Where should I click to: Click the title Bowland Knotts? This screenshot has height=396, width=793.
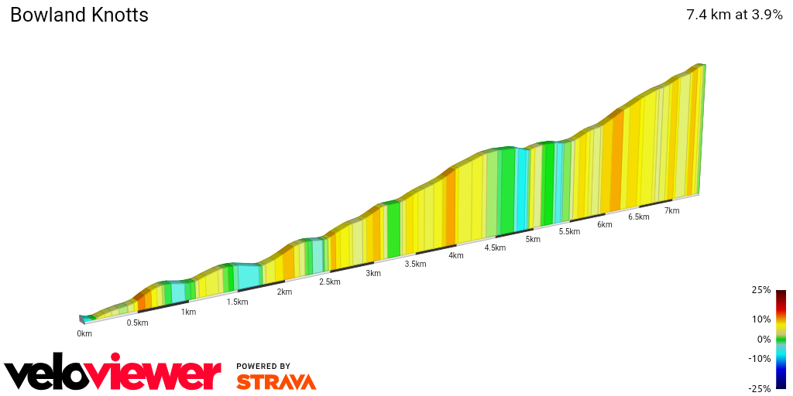79,15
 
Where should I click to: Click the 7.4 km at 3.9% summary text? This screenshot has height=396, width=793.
734,15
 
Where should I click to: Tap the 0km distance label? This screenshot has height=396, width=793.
84,334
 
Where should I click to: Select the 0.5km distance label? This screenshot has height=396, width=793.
137,323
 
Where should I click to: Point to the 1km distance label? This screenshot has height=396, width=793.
188,312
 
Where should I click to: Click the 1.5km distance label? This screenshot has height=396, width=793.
237,302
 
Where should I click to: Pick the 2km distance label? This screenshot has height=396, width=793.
284,292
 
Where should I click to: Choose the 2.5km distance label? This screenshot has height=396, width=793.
329,282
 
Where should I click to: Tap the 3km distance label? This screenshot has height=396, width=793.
373,273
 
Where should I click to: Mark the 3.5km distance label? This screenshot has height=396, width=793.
415,264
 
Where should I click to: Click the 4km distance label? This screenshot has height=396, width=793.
455,255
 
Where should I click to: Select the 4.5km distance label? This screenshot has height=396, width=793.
495,247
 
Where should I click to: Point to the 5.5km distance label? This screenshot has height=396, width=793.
569,232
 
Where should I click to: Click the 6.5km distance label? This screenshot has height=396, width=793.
638,217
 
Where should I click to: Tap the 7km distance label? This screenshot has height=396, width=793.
671,210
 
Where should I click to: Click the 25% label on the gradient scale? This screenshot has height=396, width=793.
761,290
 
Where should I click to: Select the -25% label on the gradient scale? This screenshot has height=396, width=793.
760,388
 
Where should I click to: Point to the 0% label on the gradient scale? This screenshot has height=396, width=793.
764,339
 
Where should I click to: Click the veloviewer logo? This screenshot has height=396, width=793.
112,374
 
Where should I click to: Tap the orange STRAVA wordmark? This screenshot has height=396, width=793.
276,382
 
